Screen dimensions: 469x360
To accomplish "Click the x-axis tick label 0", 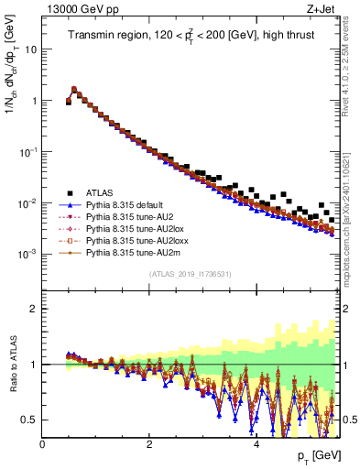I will pos(42,444).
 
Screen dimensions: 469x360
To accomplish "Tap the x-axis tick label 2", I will pos(149,444).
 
